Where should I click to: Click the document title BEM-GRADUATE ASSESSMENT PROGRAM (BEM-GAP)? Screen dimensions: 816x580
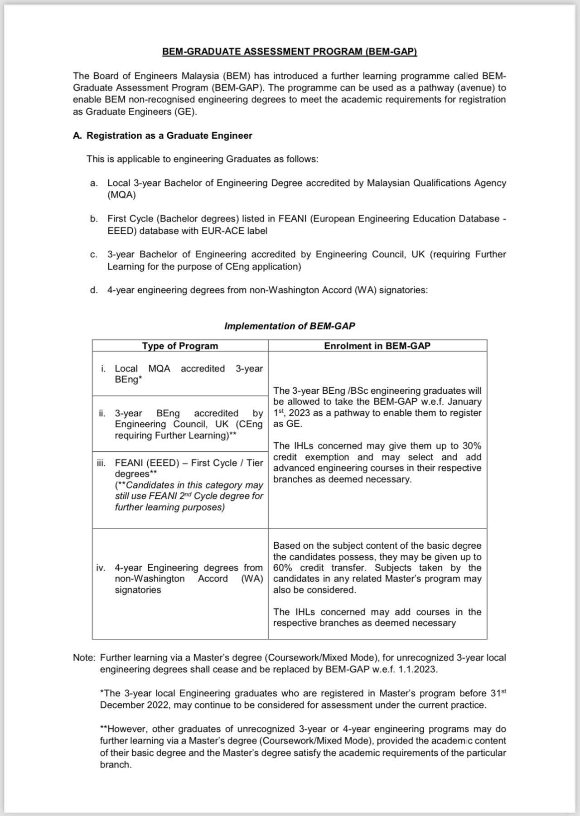[290, 52]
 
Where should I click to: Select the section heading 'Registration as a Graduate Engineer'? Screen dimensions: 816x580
[169, 135]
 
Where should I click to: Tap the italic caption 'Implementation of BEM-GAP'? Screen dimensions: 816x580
[290, 326]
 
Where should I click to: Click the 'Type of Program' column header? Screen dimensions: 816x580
[180, 346]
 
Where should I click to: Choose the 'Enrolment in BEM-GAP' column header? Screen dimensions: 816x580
[377, 346]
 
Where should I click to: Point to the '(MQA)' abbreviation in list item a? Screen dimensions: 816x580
[121, 195]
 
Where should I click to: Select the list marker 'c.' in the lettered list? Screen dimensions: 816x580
[94, 255]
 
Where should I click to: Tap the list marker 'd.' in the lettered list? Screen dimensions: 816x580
[94, 290]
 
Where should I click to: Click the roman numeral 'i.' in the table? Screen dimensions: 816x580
[104, 369]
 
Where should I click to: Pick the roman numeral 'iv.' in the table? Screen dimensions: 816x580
[101, 568]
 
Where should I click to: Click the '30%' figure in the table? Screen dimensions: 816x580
[472, 446]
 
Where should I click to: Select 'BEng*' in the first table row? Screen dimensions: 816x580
[128, 380]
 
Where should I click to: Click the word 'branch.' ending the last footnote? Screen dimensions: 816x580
[116, 765]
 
